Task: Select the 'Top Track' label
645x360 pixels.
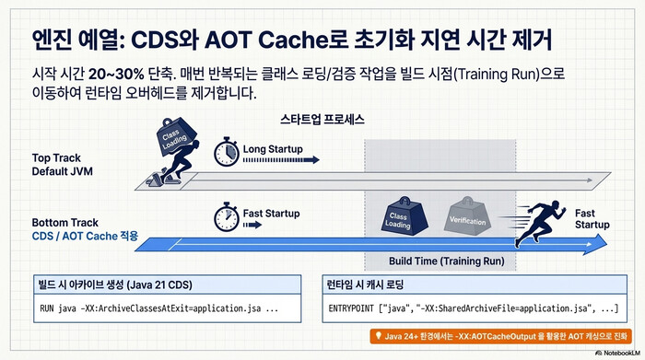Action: (x=58, y=158)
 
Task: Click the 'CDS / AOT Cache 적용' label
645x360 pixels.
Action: (x=85, y=237)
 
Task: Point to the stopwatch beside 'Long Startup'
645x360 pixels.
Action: (x=226, y=151)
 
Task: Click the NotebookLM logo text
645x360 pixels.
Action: (x=618, y=352)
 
